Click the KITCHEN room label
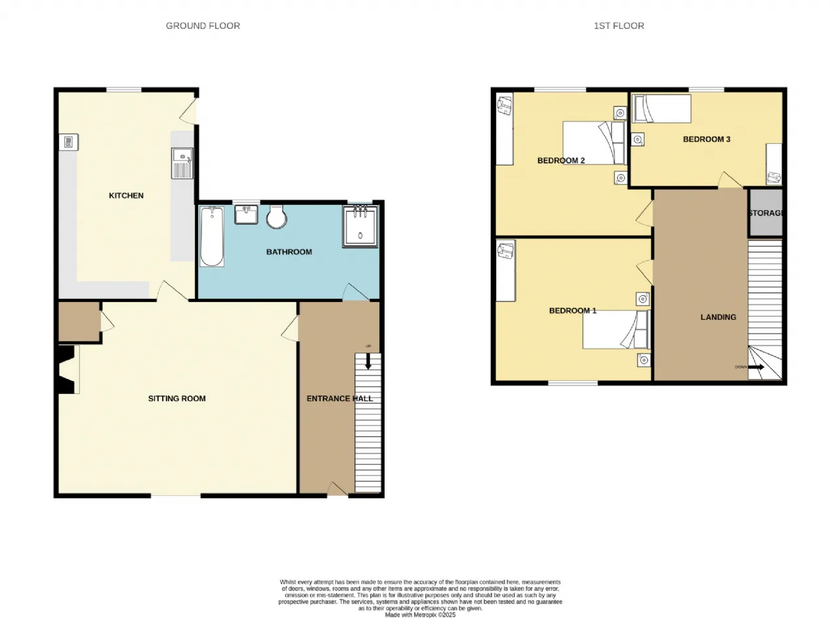click(126, 196)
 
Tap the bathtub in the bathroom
click(212, 236)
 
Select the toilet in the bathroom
click(277, 217)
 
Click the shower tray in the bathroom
click(360, 227)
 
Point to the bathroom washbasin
click(246, 215)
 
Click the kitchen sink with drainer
click(182, 164)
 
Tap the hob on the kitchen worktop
click(69, 143)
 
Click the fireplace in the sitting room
click(68, 370)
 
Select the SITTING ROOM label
click(177, 399)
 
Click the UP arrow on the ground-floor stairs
click(368, 361)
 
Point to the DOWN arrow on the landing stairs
click(756, 367)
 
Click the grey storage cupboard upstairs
click(766, 213)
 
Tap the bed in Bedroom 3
click(661, 108)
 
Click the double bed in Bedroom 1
click(616, 330)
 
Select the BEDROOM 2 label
click(561, 161)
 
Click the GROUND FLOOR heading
click(203, 26)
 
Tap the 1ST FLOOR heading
click(619, 26)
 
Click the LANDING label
click(718, 317)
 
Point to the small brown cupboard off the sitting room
click(79, 322)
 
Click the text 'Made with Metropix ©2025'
click(420, 615)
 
